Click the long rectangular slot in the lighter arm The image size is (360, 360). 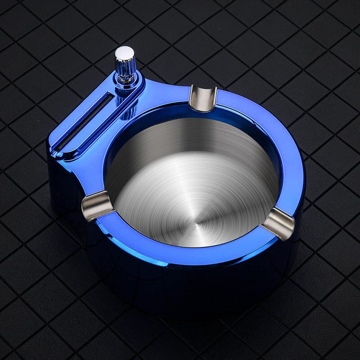pos(85,116)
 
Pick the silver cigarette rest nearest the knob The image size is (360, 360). pos(203,98)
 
